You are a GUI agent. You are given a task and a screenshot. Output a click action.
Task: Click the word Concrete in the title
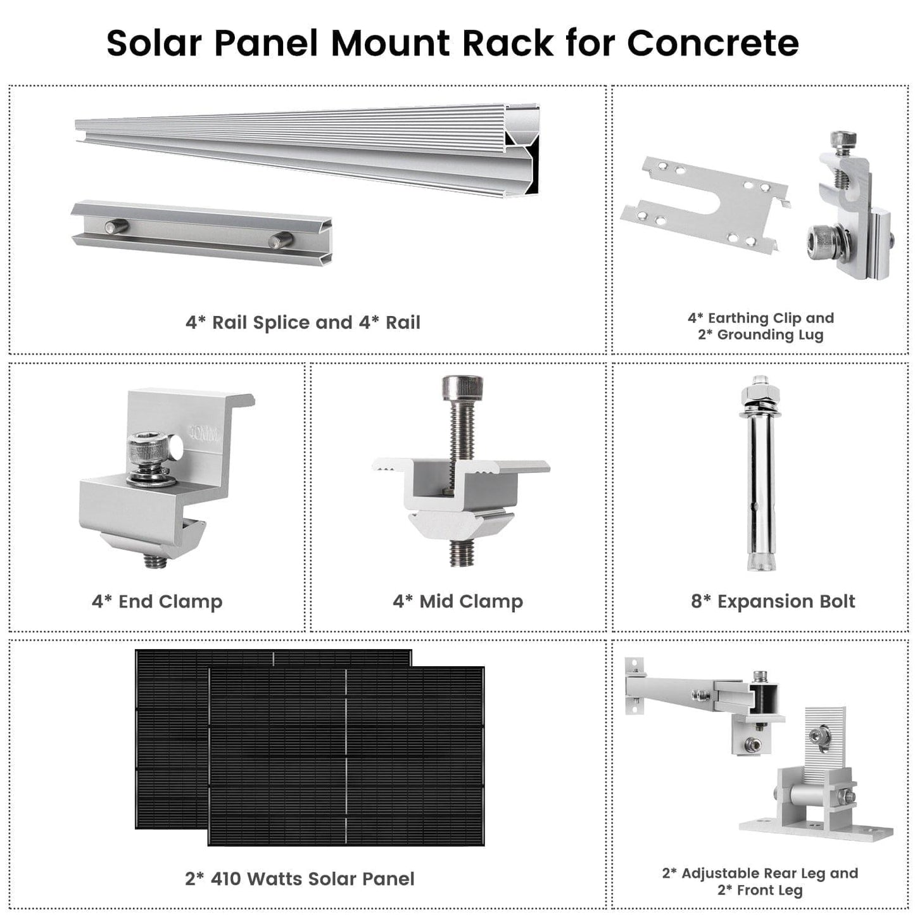click(712, 43)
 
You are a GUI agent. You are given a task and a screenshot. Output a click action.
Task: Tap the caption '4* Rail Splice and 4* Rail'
click(303, 322)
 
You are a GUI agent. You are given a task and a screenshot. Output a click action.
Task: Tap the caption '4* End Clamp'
click(157, 601)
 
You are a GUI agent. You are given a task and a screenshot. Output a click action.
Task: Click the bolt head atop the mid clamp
click(462, 386)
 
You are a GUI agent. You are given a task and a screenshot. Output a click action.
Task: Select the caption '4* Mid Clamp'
click(458, 601)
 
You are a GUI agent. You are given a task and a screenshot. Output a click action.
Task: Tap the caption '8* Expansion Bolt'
click(773, 601)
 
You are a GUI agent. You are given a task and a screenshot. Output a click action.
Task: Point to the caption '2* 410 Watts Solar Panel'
click(300, 879)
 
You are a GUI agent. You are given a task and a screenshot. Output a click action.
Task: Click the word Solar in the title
click(155, 43)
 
